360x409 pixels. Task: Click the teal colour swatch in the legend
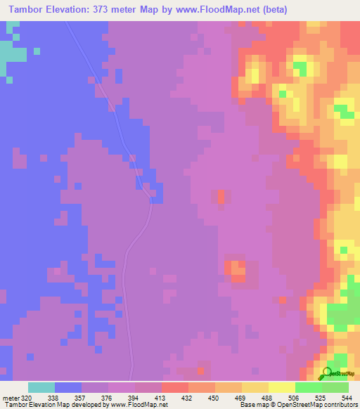[41, 387]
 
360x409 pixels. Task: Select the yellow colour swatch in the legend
[281, 387]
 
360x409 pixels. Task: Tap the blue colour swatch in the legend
[68, 387]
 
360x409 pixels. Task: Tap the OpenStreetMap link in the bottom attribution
[283, 404]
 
